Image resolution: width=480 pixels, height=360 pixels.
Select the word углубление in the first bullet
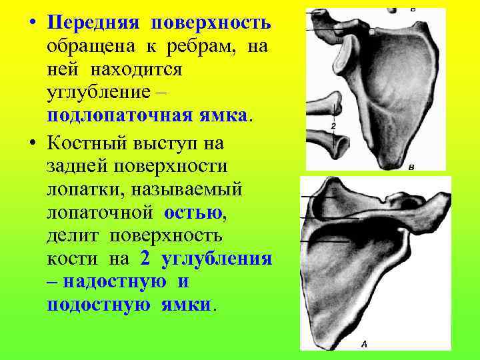[103, 92]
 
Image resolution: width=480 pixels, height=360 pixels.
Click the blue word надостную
[114, 281]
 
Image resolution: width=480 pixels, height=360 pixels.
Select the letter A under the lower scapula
[363, 344]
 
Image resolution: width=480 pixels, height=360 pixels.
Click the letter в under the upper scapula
[411, 166]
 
